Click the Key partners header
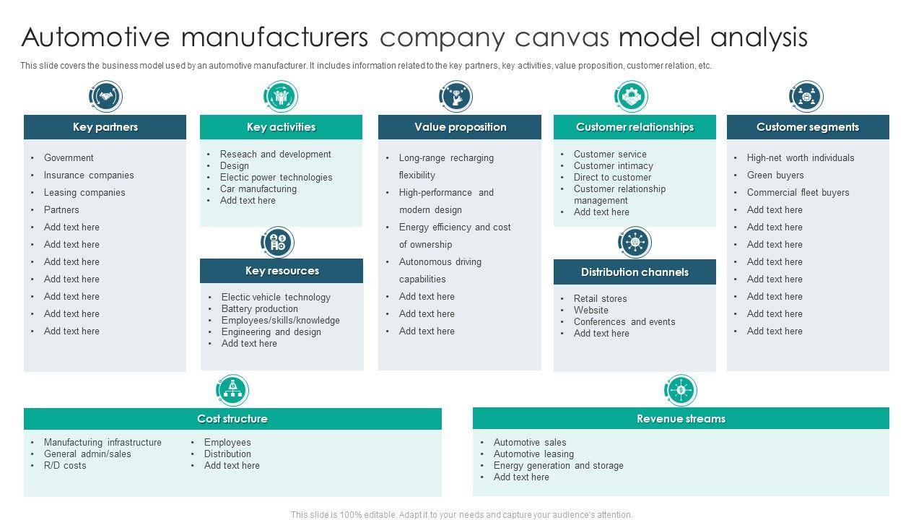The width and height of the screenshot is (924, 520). [x=105, y=127]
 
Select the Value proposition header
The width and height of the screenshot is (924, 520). [x=460, y=127]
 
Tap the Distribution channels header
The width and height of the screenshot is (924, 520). [x=635, y=272]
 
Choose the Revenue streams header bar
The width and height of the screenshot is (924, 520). [x=681, y=419]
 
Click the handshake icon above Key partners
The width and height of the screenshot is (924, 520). [x=105, y=96]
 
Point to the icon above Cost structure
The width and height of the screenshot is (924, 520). [x=232, y=390]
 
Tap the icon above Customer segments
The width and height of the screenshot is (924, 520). [x=806, y=96]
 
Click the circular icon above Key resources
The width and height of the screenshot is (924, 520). [x=277, y=242]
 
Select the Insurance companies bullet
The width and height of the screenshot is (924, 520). [x=89, y=175]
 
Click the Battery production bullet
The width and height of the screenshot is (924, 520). [x=260, y=308]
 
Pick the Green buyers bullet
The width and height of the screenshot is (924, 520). [x=775, y=175]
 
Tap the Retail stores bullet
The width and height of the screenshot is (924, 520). [x=600, y=298]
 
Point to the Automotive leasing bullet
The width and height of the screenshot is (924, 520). [x=533, y=454]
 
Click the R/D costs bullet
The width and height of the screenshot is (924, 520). [x=65, y=465]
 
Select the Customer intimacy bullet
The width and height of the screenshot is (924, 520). [x=613, y=165]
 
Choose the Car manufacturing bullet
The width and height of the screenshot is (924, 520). [x=258, y=188]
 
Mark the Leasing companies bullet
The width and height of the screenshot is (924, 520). [x=84, y=192]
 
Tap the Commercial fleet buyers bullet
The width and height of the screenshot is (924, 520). [x=798, y=192]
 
